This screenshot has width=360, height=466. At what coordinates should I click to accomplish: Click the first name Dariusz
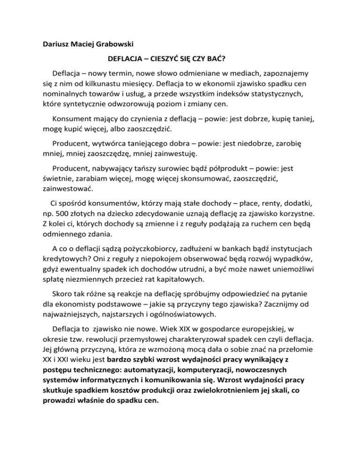[52, 47]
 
